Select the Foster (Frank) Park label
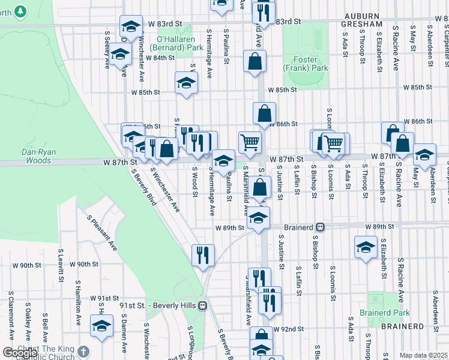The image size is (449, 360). [310, 64]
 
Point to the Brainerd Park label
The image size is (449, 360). [384, 313]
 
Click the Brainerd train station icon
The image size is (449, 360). [321, 227]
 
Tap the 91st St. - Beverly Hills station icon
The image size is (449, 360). [203, 305]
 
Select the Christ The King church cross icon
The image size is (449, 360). [83, 351]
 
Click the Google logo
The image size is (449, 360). [20, 352]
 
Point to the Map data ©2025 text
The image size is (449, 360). [423, 355]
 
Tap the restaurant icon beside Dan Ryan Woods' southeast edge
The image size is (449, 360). [203, 254]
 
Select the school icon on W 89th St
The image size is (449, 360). [259, 217]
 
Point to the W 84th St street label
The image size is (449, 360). [160, 58]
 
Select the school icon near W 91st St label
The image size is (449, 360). [101, 326]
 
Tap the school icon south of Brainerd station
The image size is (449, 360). [366, 247]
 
